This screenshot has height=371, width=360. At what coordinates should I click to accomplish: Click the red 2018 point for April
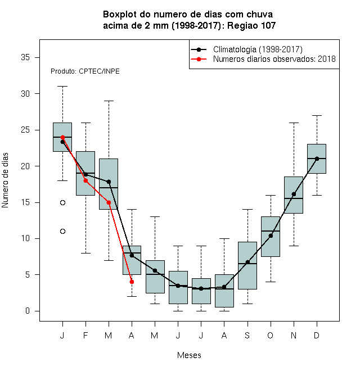pyautogui.click(x=132, y=282)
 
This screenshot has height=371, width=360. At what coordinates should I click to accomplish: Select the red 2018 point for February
pyautogui.click(x=85, y=181)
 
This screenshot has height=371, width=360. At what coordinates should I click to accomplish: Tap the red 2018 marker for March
pyautogui.click(x=109, y=202)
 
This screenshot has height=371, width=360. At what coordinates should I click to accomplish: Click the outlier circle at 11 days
pyautogui.click(x=63, y=232)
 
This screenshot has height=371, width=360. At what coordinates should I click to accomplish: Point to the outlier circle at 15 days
pyautogui.click(x=63, y=202)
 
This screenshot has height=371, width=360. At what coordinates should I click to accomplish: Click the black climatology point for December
pyautogui.click(x=317, y=159)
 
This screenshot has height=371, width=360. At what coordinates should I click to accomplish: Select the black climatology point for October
pyautogui.click(x=271, y=236)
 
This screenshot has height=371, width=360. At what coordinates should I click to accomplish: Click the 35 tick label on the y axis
pyautogui.click(x=25, y=57)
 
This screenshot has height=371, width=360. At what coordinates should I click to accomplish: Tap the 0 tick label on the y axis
pyautogui.click(x=28, y=311)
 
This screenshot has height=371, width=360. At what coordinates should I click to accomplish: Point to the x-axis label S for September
pyautogui.click(x=247, y=335)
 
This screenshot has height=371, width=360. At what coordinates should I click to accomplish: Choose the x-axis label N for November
pyautogui.click(x=294, y=335)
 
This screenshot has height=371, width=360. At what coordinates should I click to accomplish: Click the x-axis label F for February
pyautogui.click(x=85, y=335)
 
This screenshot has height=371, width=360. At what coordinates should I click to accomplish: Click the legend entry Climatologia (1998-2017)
pyautogui.click(x=258, y=49)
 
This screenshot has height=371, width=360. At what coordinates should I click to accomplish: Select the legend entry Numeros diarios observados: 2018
pyautogui.click(x=274, y=59)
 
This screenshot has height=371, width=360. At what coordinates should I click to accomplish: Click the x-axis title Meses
pyautogui.click(x=189, y=355)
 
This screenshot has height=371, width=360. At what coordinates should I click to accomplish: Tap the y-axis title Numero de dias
pyautogui.click(x=5, y=180)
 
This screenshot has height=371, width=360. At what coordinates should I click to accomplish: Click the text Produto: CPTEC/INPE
pyautogui.click(x=85, y=71)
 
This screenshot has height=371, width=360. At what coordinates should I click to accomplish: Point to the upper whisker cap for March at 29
pyautogui.click(x=109, y=101)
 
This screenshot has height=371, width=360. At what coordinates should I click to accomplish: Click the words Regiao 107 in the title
pyautogui.click(x=251, y=25)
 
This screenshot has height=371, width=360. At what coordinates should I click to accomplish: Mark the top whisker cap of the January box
pyautogui.click(x=63, y=87)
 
